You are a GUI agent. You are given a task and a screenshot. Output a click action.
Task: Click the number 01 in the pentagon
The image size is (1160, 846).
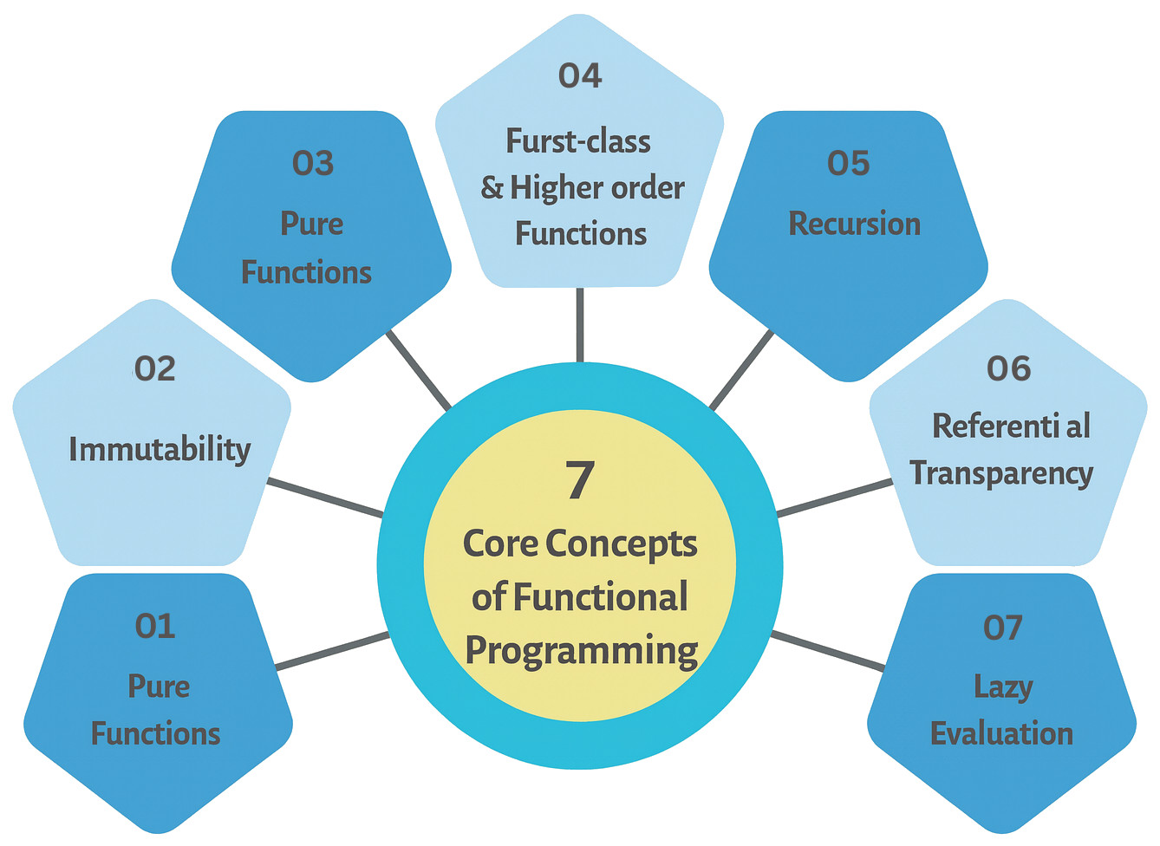(x=155, y=626)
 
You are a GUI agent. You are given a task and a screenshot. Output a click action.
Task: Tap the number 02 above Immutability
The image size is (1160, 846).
(x=155, y=368)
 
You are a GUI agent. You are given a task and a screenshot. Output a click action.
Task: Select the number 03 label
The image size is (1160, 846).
(x=313, y=163)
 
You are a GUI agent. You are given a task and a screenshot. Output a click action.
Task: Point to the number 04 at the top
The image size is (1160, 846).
(x=580, y=75)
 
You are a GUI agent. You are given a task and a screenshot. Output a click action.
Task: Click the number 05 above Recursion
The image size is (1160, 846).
(x=848, y=163)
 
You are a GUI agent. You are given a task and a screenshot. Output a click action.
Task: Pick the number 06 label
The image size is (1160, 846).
(x=1009, y=368)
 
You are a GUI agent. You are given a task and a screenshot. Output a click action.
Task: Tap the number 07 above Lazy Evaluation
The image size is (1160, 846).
(x=1003, y=627)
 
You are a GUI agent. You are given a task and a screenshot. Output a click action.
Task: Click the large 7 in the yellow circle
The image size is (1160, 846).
(x=580, y=479)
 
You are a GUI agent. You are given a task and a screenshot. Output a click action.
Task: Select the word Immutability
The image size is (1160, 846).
(x=160, y=449)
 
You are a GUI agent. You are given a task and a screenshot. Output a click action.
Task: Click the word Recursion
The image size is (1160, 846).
(x=854, y=224)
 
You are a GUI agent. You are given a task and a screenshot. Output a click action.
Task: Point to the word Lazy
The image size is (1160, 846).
(x=1003, y=687)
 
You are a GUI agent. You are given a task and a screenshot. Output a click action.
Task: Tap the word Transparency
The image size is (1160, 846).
(x=1001, y=474)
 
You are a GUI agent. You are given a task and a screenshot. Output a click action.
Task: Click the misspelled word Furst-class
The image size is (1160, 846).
(x=578, y=141)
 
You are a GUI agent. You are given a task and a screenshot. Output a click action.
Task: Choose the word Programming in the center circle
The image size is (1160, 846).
(x=582, y=651)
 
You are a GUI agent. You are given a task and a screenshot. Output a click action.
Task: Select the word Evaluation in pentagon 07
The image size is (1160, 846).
(x=1001, y=734)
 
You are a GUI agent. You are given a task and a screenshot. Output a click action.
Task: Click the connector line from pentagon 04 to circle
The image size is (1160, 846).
(x=580, y=324)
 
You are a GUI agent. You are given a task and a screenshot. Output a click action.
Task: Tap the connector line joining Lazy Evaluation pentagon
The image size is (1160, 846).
(x=828, y=650)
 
